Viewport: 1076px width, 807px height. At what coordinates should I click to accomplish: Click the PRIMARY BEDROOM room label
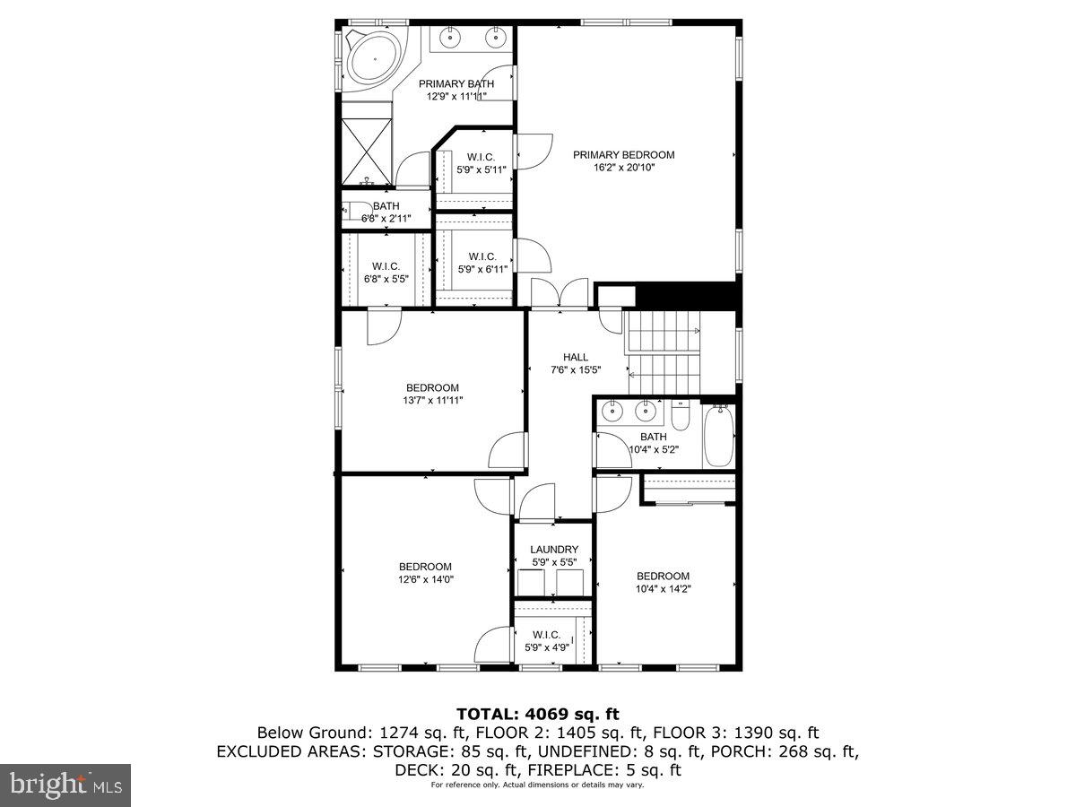click(624, 154)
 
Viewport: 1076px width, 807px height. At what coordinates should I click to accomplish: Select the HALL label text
click(576, 357)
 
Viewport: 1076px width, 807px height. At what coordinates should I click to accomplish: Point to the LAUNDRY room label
click(553, 550)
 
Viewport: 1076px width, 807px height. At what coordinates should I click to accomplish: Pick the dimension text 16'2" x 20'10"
click(624, 168)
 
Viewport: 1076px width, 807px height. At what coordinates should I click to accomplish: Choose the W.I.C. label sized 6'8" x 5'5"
click(386, 265)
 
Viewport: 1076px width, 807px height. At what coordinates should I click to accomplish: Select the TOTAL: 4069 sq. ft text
click(538, 714)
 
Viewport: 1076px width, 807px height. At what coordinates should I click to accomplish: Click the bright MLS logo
click(65, 785)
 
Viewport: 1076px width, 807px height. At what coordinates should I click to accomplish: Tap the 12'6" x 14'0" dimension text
click(426, 579)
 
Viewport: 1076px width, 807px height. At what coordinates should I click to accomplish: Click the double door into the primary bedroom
click(560, 295)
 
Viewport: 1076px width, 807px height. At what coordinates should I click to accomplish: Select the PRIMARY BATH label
click(456, 83)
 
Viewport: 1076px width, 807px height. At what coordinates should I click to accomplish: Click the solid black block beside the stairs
click(686, 296)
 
